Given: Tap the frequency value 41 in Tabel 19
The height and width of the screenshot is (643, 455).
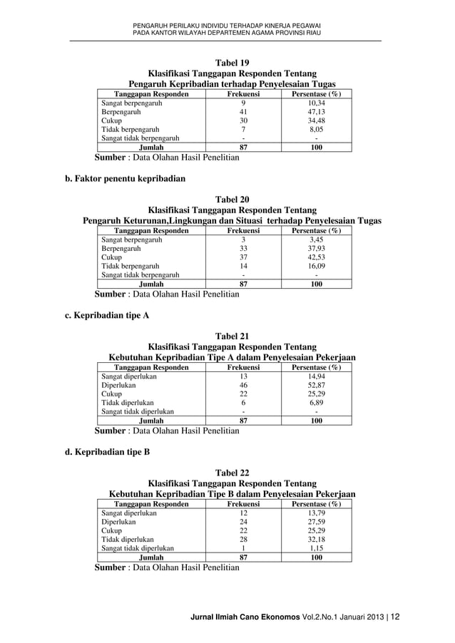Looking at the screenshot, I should tap(243, 113).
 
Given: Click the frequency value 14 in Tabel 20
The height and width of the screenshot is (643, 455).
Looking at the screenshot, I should tap(243, 267).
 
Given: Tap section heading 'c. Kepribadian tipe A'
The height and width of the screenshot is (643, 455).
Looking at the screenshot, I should tap(103, 315).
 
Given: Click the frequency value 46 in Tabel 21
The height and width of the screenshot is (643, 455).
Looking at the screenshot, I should tap(243, 386).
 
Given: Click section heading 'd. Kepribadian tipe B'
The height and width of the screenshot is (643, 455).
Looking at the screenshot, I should tap(103, 451).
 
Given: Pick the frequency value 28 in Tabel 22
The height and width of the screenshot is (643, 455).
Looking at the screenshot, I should tap(243, 540).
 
